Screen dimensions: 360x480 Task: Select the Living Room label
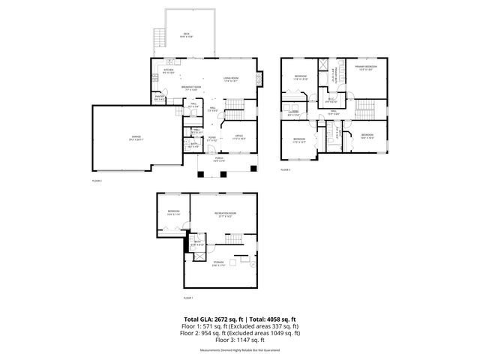(230, 79)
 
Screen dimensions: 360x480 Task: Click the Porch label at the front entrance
(219, 159)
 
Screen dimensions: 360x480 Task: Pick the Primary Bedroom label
(367, 67)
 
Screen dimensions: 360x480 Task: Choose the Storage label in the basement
(218, 262)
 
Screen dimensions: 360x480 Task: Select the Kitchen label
(169, 71)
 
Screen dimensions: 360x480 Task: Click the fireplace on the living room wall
(260, 77)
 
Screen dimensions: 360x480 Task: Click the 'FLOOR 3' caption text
(286, 170)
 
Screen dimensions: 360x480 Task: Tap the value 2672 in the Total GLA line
(213, 319)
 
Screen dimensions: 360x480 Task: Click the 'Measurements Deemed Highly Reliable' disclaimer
(239, 350)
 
